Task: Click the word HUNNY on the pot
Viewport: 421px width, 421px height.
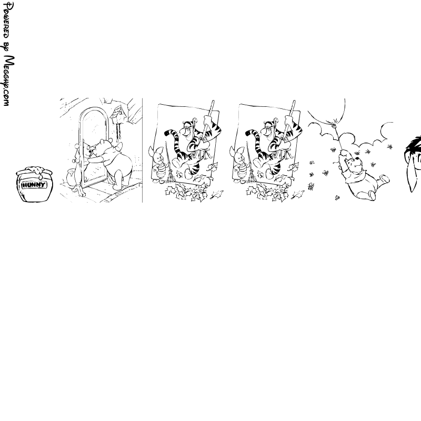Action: click(x=34, y=185)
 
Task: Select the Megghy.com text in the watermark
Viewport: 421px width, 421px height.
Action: click(x=8, y=81)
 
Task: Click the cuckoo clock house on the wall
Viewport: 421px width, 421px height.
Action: click(x=118, y=114)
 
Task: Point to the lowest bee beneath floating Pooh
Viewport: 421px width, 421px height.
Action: click(x=337, y=198)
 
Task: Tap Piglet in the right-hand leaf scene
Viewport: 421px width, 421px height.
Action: click(x=238, y=164)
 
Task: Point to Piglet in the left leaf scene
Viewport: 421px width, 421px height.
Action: click(x=157, y=164)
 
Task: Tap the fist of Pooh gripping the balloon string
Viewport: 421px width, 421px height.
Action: click(x=344, y=153)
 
